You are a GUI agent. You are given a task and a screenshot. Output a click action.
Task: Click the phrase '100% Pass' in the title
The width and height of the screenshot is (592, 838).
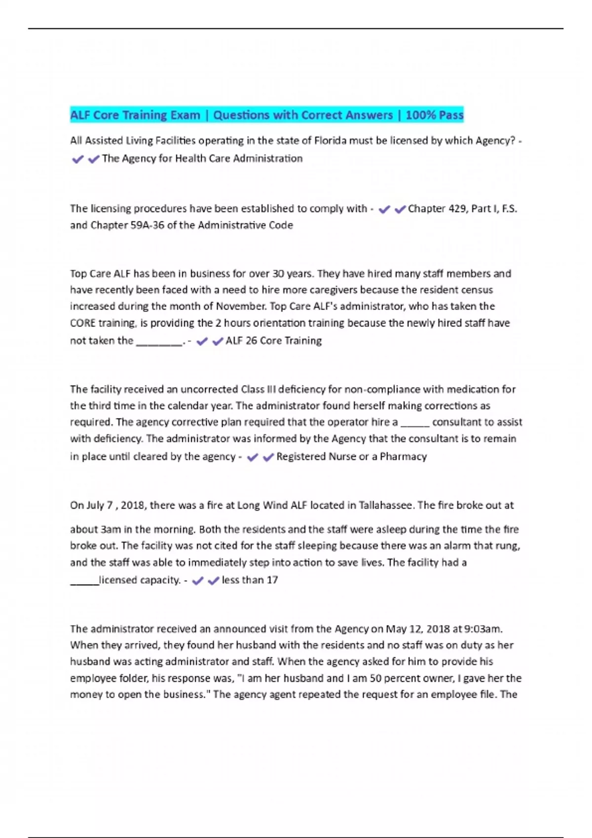point(434,115)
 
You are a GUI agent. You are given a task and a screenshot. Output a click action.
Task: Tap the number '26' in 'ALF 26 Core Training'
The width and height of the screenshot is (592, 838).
point(251,341)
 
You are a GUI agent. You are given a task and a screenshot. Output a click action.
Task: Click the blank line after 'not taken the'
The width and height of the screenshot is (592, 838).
point(159,343)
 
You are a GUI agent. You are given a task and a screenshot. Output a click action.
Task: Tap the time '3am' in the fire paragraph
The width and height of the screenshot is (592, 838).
point(111,529)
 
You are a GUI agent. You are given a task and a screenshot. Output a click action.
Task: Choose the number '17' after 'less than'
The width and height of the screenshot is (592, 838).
point(272,580)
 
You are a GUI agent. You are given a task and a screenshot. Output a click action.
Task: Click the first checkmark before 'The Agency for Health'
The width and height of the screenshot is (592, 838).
point(77,159)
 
